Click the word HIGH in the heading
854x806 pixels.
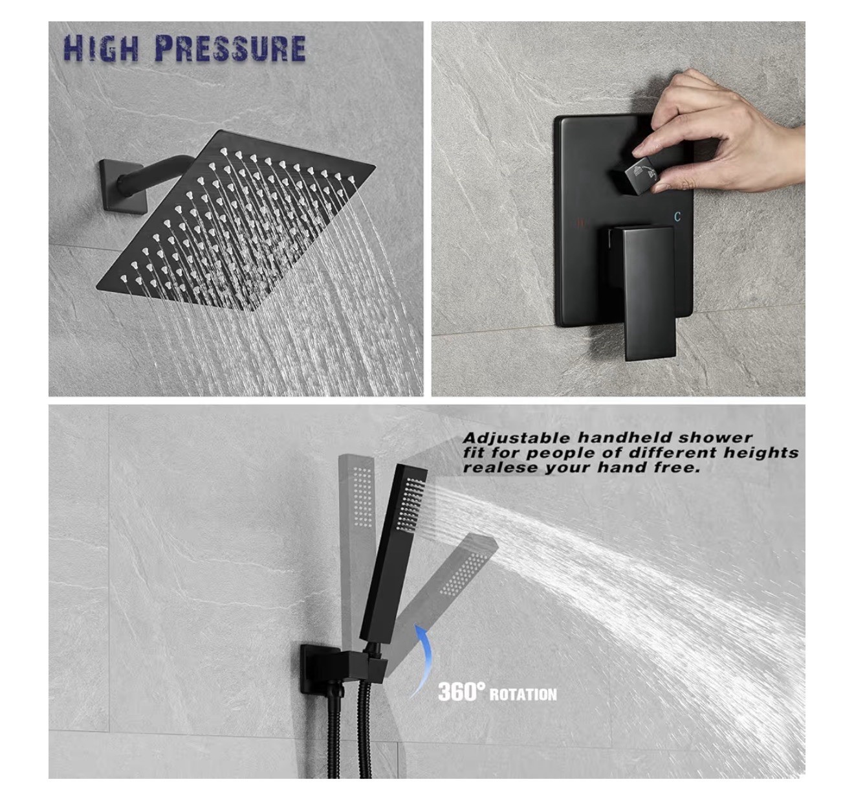click(x=101, y=48)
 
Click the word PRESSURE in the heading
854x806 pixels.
click(x=230, y=48)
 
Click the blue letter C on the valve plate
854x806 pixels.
click(x=677, y=216)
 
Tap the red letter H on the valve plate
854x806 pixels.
click(x=580, y=223)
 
